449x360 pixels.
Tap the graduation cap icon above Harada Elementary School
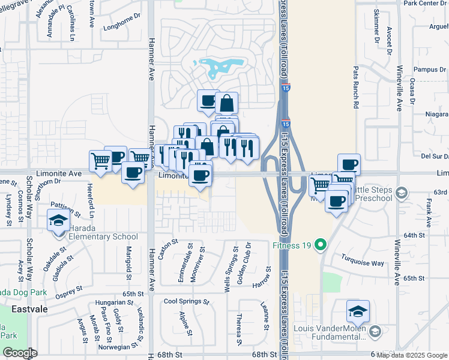click(x=58, y=220)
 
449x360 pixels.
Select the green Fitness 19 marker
click(x=321, y=244)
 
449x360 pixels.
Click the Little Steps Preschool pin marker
click(x=401, y=193)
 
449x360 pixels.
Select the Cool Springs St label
click(x=186, y=302)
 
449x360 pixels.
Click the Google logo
click(x=20, y=353)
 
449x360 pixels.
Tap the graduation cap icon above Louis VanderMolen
click(x=358, y=311)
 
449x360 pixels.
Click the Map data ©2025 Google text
click(x=412, y=355)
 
